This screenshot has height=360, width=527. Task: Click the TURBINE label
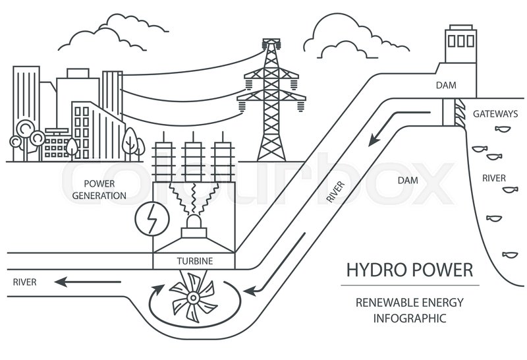(194, 261)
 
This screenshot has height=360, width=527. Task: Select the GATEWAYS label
(495, 114)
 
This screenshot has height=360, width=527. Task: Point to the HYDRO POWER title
(409, 270)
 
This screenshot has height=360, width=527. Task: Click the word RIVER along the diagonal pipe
(335, 189)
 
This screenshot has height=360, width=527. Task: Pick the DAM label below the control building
(446, 85)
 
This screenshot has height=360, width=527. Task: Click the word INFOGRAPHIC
(410, 318)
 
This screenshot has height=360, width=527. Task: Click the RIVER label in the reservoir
(494, 178)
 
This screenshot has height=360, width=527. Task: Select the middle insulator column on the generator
(192, 163)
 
